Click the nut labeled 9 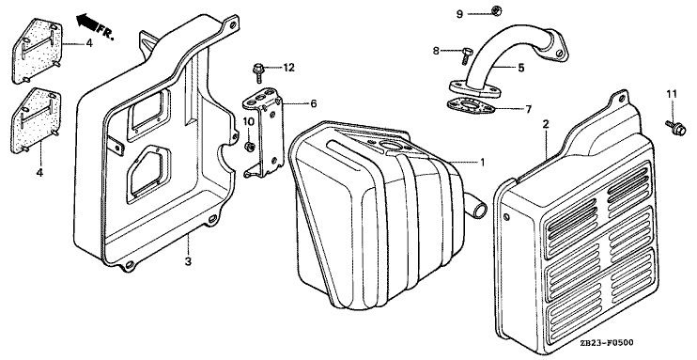coord(497,9)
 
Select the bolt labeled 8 coord(467,55)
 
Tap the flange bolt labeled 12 coord(257,73)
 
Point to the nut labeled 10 coord(250,146)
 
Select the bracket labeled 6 coord(265,133)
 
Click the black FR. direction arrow coord(87,22)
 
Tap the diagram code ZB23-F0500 coord(607,342)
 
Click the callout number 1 coord(482,162)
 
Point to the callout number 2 coord(546,124)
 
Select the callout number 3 coord(188,261)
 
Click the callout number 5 coord(521,68)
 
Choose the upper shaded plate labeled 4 coord(38,50)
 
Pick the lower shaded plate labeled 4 coord(36,120)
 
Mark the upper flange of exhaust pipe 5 coord(555,45)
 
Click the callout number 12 coord(289,67)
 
